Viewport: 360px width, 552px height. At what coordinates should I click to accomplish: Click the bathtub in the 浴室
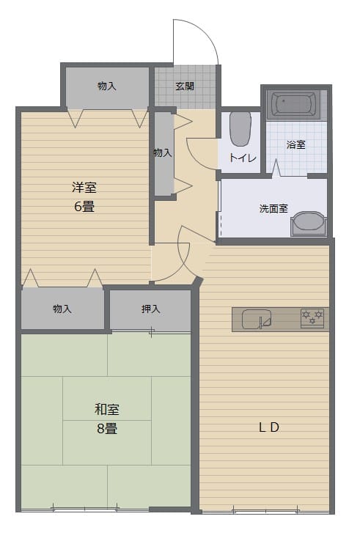pyautogui.click(x=295, y=104)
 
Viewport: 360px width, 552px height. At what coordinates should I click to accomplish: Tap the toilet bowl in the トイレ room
pyautogui.click(x=240, y=129)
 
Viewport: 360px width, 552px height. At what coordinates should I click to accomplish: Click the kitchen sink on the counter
pyautogui.click(x=257, y=319)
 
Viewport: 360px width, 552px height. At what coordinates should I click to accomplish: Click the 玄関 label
pyautogui.click(x=185, y=86)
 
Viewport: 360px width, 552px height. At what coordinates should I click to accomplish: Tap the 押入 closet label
pyautogui.click(x=151, y=309)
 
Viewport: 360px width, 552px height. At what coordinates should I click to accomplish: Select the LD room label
pyautogui.click(x=269, y=427)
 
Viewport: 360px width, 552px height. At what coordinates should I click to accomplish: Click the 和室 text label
pyautogui.click(x=107, y=409)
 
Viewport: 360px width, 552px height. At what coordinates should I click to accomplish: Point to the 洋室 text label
pyautogui.click(x=84, y=187)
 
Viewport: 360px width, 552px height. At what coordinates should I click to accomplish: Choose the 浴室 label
pyautogui.click(x=296, y=144)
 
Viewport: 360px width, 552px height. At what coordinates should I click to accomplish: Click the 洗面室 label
pyautogui.click(x=273, y=208)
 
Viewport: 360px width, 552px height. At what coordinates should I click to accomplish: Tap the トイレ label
pyautogui.click(x=243, y=158)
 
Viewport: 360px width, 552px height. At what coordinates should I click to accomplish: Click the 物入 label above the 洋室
pyautogui.click(x=107, y=86)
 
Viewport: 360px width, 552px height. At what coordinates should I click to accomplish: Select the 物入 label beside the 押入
pyautogui.click(x=62, y=309)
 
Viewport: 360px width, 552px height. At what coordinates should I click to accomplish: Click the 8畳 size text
pyautogui.click(x=107, y=428)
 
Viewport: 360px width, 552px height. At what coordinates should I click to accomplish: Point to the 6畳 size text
pyautogui.click(x=84, y=206)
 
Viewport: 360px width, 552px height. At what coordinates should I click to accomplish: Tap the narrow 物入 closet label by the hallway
pyautogui.click(x=163, y=152)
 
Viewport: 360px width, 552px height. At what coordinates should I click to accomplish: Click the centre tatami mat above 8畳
pyautogui.click(x=107, y=398)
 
